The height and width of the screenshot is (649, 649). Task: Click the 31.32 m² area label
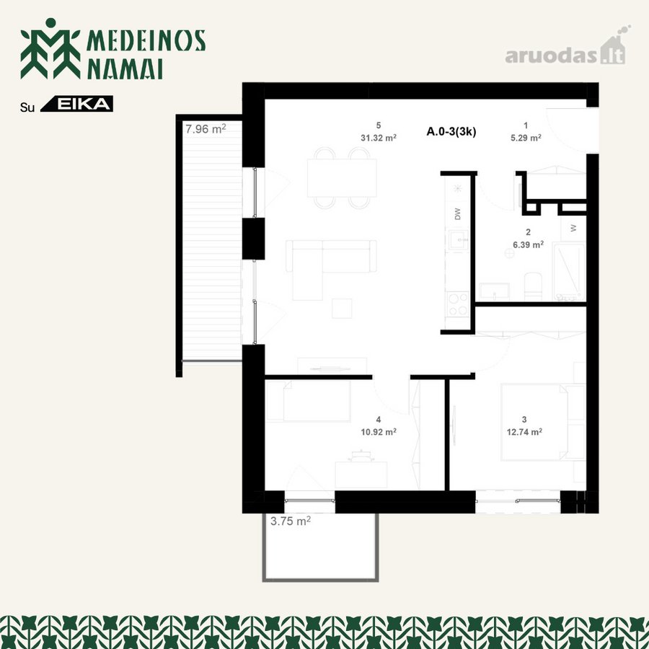pos(379,138)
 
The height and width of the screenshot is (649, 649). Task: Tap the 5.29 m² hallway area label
pos(526,138)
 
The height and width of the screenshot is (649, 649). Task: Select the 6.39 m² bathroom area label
pos(528,244)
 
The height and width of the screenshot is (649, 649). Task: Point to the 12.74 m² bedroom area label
pos(524,432)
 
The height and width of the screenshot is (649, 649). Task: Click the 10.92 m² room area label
pos(379,432)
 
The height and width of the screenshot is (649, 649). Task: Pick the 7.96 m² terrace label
pos(206,129)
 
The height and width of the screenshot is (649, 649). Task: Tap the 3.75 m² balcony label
pos(291,521)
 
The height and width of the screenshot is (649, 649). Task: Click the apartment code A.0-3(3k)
pos(451,132)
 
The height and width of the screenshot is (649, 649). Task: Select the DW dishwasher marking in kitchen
pos(457,213)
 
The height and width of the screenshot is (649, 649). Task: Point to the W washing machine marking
pos(573,228)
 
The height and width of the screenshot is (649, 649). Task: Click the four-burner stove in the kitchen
pos(458,304)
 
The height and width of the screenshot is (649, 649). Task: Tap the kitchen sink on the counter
pos(458,240)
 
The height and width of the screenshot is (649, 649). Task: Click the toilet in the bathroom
pos(533,286)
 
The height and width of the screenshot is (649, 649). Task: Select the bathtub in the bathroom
pos(569,272)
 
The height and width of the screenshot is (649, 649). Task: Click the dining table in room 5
pos(342,178)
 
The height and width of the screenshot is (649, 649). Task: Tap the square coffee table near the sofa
pos(342,309)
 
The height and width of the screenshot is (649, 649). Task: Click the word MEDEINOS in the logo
pos(146,40)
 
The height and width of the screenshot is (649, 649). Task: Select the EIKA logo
pos(77,104)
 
